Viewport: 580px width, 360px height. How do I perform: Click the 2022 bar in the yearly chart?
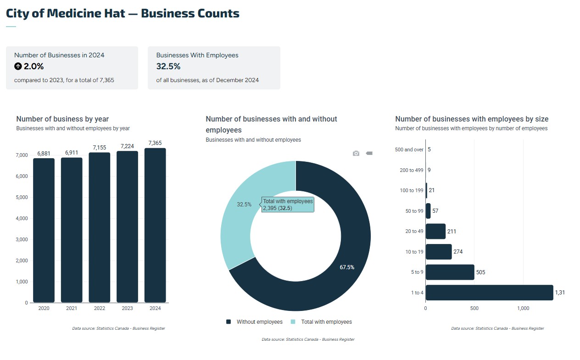click(100, 227)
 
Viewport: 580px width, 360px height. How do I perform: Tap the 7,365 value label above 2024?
click(155, 143)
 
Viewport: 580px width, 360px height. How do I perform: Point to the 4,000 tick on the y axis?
click(22, 218)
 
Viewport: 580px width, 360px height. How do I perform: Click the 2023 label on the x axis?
click(127, 308)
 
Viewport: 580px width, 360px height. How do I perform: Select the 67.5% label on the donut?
click(347, 267)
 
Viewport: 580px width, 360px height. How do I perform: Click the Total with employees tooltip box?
click(288, 205)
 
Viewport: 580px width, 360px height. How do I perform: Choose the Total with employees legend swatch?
click(293, 322)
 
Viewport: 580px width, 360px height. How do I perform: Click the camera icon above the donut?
click(356, 153)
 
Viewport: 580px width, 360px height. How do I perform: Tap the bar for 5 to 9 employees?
click(450, 272)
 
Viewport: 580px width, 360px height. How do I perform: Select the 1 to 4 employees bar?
click(489, 293)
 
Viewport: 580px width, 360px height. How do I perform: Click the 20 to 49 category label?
click(414, 231)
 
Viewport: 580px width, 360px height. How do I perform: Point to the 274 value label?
click(458, 252)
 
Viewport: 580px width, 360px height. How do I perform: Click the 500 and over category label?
click(409, 150)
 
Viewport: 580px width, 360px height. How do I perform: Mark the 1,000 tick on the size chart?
click(523, 308)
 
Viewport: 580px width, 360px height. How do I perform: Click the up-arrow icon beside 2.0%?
click(18, 66)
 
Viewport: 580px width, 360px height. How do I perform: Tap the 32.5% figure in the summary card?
click(168, 66)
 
